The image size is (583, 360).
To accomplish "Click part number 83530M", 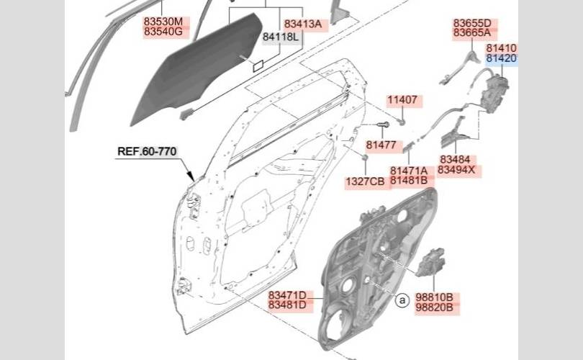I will coord(163,22).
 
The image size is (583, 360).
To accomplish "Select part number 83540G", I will coord(163,32).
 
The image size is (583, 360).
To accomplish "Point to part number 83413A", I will coord(302,24).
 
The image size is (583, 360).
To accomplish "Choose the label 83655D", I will coord(471,23).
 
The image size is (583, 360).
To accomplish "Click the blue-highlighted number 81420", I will coord(501,58).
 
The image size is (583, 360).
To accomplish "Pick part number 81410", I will coord(501,48).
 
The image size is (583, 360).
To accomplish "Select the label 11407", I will coord(402,100).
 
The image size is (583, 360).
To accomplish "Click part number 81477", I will coord(381,145).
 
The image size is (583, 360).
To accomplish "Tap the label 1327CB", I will coord(365,181).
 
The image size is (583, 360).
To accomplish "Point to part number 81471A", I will coord(409,171).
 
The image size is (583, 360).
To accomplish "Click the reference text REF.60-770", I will coord(147,151).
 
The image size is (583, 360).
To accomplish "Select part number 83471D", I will coord(287,296).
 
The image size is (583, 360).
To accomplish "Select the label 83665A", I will coord(471,33).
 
